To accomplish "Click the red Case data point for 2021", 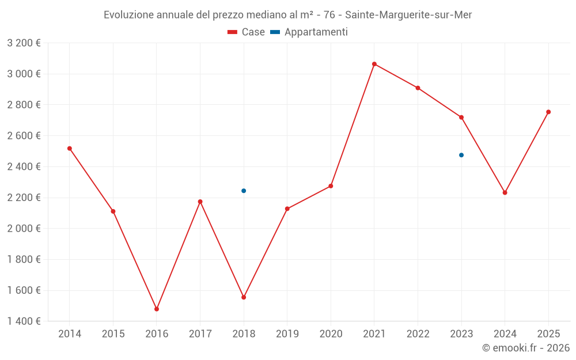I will tap(374, 64).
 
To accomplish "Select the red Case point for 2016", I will tap(157, 309).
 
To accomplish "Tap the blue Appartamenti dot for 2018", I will tap(244, 191).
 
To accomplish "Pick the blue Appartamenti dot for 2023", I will tap(461, 155).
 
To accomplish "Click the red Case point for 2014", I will tap(70, 149).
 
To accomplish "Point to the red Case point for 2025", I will tap(548, 112).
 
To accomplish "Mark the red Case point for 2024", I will tap(505, 192).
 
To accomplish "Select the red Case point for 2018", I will tap(244, 297).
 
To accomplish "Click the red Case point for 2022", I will tap(418, 88).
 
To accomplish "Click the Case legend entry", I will tap(247, 32).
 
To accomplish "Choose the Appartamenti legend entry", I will tap(309, 32).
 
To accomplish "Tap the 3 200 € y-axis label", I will tap(24, 43).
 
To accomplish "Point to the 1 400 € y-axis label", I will tap(24, 321).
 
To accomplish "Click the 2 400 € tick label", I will tap(24, 167).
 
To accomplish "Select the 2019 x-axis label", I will tap(287, 334).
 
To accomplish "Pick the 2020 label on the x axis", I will tap(331, 334).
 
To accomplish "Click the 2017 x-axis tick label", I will tap(200, 334).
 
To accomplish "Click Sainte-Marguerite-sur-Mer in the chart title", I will tap(408, 15).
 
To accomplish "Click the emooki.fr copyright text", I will tap(526, 348).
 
